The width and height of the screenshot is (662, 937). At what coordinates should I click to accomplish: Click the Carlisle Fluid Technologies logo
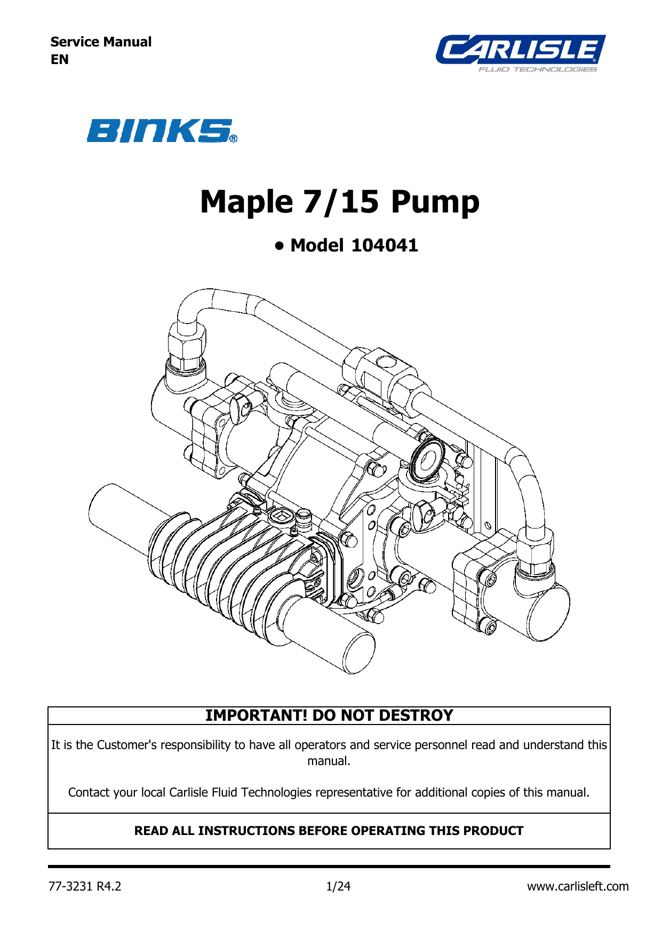[521, 53]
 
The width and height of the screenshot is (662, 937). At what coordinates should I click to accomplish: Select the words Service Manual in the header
[101, 42]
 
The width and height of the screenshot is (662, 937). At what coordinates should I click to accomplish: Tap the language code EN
[60, 59]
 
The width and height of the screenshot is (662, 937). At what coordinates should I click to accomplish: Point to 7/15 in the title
[341, 202]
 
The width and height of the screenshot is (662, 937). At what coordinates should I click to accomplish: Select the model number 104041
[385, 245]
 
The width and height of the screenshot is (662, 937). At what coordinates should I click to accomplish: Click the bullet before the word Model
[279, 246]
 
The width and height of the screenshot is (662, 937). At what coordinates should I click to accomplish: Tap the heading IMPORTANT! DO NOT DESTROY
[329, 715]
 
